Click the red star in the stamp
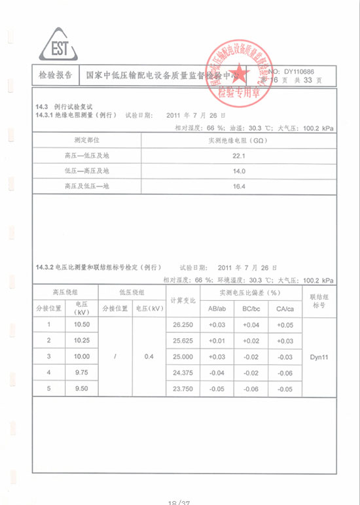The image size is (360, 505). pos(237,69)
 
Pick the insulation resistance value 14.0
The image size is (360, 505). pos(239,171)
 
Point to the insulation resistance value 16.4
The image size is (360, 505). pos(239,187)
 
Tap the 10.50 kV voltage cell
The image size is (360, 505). pos(82,324)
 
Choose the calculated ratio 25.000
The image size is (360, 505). pos(183,357)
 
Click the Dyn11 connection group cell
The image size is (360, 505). pos(319,357)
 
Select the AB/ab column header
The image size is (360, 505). pos(217,309)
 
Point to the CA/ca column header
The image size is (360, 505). pos(285,309)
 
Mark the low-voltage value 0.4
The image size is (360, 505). pos(149,357)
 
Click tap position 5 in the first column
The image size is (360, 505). pos(48,389)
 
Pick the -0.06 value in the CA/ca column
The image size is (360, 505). pos(285,373)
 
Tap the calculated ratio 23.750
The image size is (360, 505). pos(183,389)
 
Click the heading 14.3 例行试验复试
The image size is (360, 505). pos(65,107)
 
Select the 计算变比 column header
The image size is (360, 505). pos(183,300)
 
